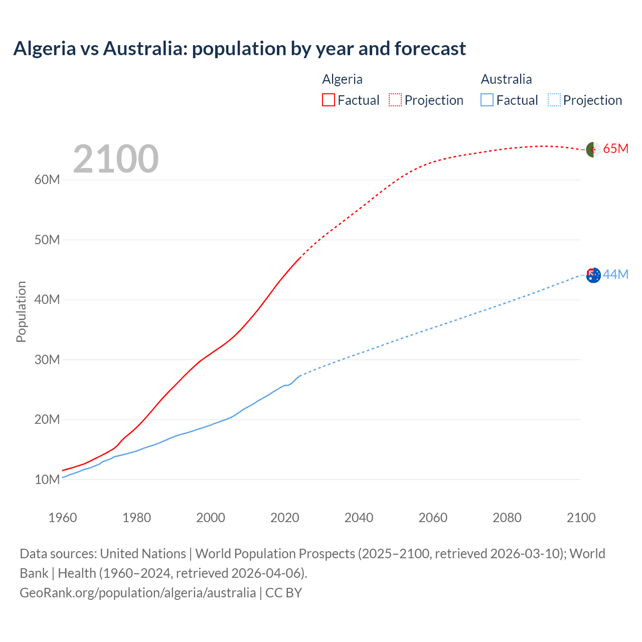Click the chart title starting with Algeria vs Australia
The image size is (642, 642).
coord(239,49)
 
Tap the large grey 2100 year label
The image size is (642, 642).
coord(116,159)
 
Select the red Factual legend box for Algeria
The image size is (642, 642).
coord(329,100)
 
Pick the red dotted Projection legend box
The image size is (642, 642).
coord(395,100)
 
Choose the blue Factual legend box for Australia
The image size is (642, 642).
coord(487,100)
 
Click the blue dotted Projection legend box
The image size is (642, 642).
coord(554,100)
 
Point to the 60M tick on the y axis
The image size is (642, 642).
coord(47,180)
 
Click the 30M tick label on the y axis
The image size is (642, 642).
coord(47,360)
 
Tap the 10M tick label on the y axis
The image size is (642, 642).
coord(47,479)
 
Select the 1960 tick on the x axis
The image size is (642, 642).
coord(63,518)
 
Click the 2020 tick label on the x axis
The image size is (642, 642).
coord(285,518)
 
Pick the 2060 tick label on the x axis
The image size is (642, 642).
coord(433,518)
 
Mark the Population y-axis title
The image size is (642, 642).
coord(21,311)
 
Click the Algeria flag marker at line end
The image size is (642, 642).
coord(593,149)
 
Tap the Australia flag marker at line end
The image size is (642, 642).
coord(593,275)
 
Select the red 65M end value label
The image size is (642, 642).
coord(615,149)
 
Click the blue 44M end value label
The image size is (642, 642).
coord(615,275)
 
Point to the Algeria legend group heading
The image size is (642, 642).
coord(342,79)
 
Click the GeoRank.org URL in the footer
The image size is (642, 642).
coord(137,592)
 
